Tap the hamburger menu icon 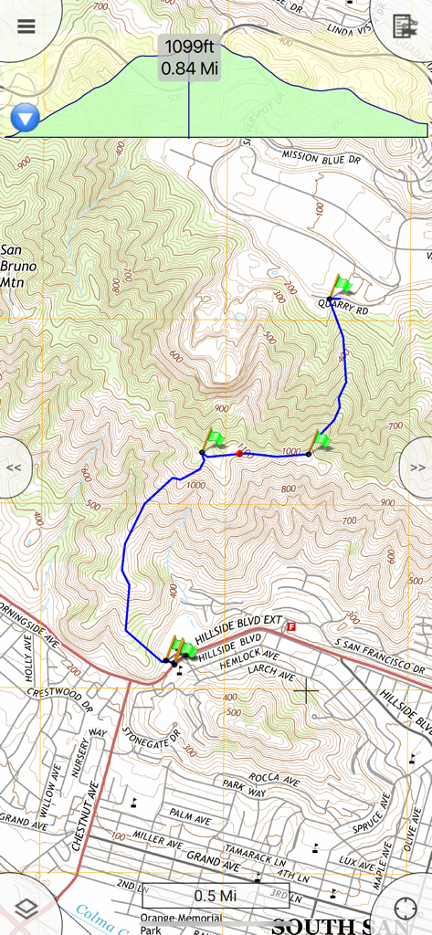point(26,25)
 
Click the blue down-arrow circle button point(25,118)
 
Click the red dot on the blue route point(239,453)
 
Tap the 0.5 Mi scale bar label point(216,895)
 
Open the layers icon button point(26,909)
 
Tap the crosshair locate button point(406,909)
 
